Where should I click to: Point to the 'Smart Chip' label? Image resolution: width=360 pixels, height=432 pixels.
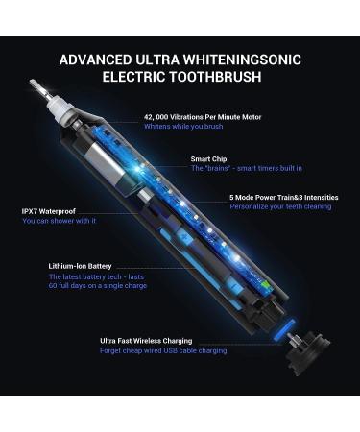pos(209,158)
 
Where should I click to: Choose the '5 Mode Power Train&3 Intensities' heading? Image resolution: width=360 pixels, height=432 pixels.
pos(280,198)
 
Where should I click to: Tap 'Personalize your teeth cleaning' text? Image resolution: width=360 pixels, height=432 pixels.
pos(280,207)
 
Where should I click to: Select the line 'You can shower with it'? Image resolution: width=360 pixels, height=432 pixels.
pos(59,221)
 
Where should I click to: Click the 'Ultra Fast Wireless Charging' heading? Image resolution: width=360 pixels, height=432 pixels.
pos(146,340)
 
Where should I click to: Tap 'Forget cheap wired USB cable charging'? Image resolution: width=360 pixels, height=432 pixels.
pos(163,350)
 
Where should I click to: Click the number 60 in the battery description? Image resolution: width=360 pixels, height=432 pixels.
pos(55,286)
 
